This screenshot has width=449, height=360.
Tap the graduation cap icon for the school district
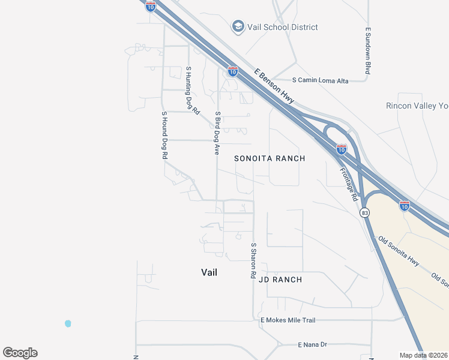[237, 27]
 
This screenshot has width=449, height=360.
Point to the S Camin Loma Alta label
[320, 80]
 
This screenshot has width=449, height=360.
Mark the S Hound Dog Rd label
[163, 134]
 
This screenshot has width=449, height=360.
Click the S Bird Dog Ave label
[217, 133]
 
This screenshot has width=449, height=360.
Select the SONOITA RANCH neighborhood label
[270, 158]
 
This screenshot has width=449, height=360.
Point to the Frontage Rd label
[349, 184]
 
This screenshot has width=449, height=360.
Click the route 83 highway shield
[364, 213]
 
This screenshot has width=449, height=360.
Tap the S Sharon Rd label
[253, 260]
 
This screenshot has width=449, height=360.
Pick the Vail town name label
[209, 272]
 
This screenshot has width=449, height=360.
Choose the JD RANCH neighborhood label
[280, 280]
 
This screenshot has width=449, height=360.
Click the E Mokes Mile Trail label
[288, 320]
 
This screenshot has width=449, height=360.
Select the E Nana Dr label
[312, 344]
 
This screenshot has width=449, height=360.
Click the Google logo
[20, 353]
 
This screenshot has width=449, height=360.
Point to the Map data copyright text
[424, 355]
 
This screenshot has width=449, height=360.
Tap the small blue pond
[68, 323]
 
